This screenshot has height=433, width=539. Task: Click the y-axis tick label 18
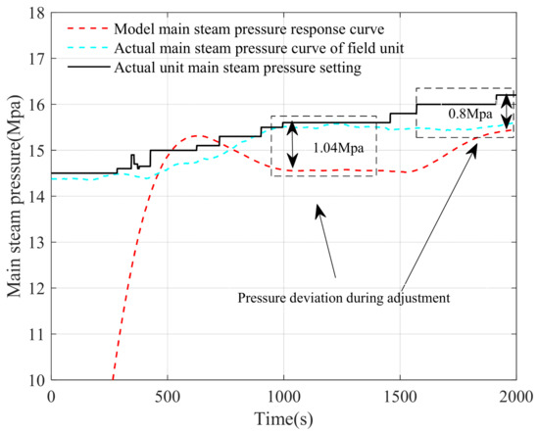(36, 13)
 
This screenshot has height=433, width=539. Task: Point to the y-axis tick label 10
(36, 379)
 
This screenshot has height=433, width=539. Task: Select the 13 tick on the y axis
(36, 242)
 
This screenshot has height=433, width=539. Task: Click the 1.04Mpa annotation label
(331, 147)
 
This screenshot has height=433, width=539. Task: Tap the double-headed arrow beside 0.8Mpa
(506, 112)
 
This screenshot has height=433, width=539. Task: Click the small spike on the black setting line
(132, 157)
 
